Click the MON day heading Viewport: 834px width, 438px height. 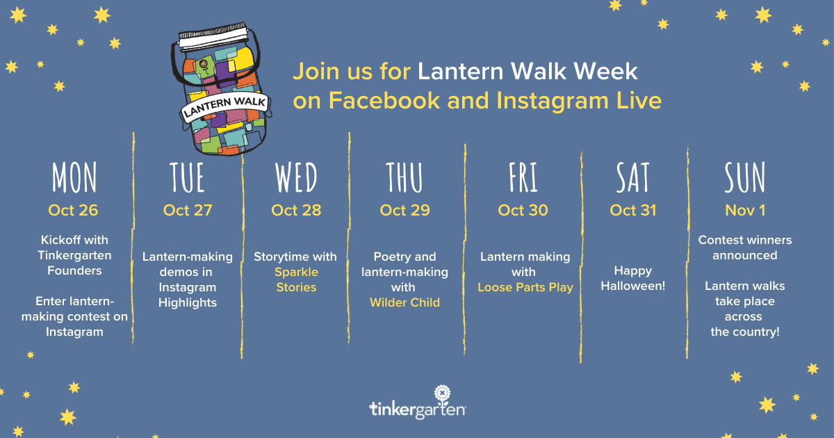click(74, 177)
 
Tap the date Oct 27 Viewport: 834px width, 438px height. click(188, 211)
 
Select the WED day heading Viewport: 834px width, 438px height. click(296, 177)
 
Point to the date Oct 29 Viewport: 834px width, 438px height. click(404, 211)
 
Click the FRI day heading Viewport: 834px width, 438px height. click(523, 177)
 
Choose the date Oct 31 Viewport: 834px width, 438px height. click(633, 211)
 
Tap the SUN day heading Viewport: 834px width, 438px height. click(744, 177)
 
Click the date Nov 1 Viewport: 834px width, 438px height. click(745, 211)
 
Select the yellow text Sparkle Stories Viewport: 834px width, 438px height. click(296, 279)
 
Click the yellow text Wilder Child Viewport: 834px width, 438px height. click(404, 302)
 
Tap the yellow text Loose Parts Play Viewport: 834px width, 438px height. click(525, 288)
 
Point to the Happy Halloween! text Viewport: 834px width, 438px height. click(633, 278)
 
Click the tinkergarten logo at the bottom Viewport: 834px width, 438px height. click(418, 403)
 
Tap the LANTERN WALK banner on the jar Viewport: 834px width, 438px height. click(224, 107)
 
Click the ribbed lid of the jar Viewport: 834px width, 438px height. click(214, 35)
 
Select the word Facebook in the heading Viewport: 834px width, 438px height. click(384, 101)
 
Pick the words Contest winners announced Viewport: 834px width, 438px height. click(745, 248)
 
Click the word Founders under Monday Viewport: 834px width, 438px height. click(74, 270)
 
